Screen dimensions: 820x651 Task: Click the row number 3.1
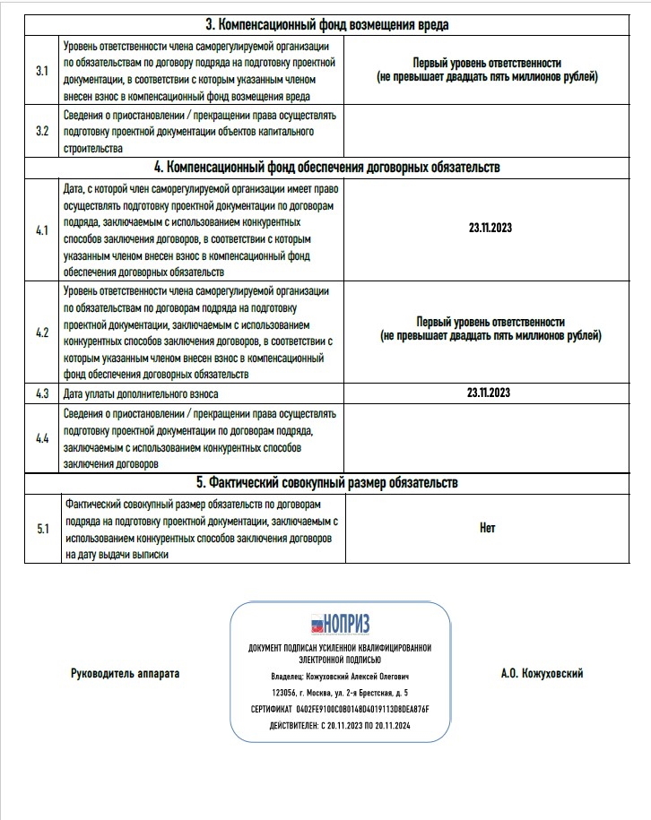(x=41, y=70)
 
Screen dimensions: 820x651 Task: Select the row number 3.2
(x=41, y=131)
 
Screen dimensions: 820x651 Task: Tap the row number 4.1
(x=41, y=229)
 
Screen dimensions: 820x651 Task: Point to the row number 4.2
(x=41, y=332)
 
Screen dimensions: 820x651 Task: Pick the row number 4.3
(x=41, y=393)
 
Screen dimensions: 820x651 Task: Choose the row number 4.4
(x=41, y=438)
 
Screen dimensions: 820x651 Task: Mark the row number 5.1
(x=41, y=529)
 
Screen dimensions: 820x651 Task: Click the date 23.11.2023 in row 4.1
(x=490, y=229)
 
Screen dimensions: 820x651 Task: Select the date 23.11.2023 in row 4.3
(x=490, y=393)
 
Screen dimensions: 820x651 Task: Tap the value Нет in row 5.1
(x=488, y=529)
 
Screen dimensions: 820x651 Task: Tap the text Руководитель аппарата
(x=125, y=673)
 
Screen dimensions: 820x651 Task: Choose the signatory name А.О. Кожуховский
(x=542, y=673)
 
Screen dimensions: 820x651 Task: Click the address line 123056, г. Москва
(x=340, y=693)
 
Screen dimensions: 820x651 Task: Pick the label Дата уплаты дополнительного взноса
(x=141, y=393)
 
